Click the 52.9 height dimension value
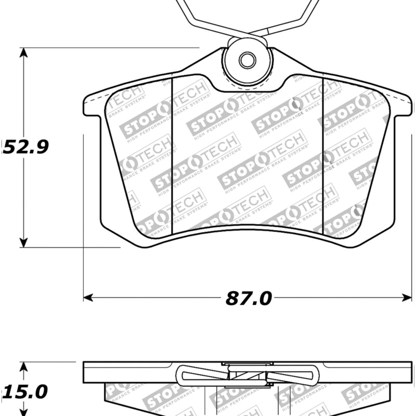[25, 147]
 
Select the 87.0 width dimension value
[249, 298]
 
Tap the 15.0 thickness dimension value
[25, 391]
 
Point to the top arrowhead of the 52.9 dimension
[23, 52]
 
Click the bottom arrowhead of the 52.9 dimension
[23, 242]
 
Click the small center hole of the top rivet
[248, 60]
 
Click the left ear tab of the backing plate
[92, 106]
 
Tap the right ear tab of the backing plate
[403, 106]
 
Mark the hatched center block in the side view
[247, 375]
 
